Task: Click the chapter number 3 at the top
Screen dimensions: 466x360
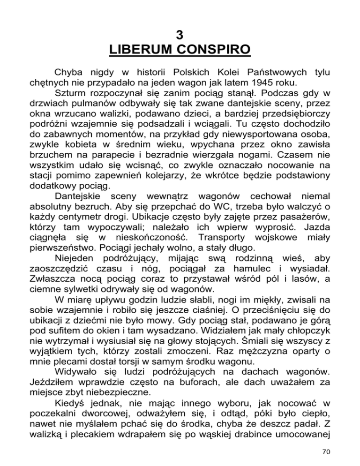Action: click(180, 34)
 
